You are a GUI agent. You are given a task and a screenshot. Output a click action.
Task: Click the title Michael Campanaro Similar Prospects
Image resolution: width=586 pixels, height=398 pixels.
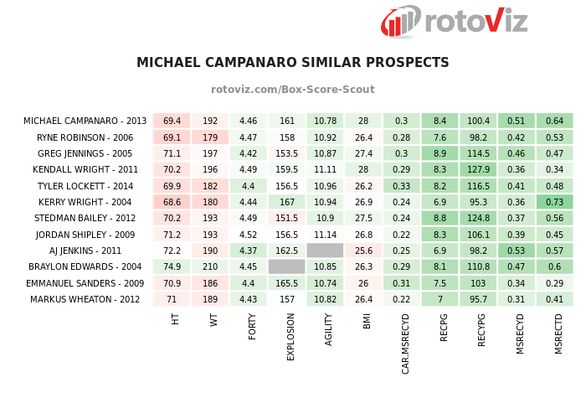293,63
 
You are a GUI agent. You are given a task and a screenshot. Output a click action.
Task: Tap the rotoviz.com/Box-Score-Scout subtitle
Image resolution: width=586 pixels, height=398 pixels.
293,90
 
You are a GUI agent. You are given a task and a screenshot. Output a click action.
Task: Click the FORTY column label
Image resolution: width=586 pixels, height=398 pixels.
251,326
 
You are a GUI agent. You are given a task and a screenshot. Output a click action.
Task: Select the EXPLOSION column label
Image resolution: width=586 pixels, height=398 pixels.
290,336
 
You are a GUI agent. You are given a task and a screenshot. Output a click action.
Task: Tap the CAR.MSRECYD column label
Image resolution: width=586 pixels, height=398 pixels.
405,344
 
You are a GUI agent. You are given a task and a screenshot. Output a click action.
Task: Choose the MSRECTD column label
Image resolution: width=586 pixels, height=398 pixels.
558,333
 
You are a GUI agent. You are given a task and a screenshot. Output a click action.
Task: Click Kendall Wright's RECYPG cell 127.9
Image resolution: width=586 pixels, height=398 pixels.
478,170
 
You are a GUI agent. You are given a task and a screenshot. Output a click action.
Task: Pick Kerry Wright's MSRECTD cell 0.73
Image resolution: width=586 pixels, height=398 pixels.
554,202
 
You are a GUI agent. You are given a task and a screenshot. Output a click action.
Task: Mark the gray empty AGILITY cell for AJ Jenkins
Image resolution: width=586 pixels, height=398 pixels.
326,251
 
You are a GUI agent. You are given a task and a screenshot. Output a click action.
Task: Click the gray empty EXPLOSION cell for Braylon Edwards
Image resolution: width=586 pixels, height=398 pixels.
287,266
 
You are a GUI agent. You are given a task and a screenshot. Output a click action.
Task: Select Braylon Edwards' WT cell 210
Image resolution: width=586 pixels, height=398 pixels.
210,266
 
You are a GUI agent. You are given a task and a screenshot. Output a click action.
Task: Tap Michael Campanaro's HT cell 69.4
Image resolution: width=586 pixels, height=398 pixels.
172,121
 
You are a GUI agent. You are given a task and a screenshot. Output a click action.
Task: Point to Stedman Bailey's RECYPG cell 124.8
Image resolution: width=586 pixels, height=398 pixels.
478,218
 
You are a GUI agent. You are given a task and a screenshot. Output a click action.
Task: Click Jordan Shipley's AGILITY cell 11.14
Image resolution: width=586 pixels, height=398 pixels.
326,235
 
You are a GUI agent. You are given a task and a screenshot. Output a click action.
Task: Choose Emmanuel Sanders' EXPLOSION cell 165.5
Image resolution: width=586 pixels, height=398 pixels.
287,283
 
